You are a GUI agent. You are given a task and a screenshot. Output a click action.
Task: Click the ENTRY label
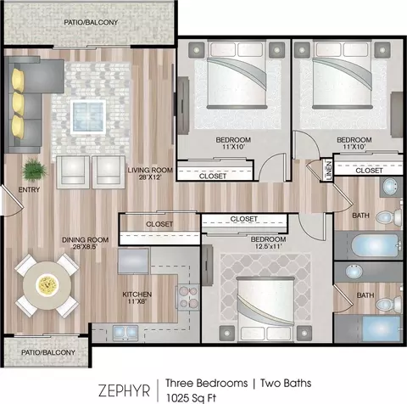click(29, 189)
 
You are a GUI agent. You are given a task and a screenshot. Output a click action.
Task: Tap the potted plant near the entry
click(35, 170)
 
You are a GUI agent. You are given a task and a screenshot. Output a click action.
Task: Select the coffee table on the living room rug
click(88, 116)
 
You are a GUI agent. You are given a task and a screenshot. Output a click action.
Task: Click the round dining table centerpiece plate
click(47, 284)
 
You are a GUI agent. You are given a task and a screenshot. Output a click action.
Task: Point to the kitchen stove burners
click(188, 297)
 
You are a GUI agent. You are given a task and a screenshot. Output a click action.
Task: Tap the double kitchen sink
click(125, 332)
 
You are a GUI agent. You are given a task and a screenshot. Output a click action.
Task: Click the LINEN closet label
click(329, 170)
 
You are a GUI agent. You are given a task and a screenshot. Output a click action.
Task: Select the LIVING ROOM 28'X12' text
click(150, 174)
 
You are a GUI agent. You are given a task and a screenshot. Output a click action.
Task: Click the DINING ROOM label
click(85, 243)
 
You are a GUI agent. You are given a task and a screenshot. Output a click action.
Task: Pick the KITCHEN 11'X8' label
click(137, 298)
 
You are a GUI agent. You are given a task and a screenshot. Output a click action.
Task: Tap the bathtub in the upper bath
click(376, 245)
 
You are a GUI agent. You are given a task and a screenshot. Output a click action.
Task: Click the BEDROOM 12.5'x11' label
click(268, 243)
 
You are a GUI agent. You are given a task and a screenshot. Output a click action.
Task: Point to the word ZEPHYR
click(124, 390)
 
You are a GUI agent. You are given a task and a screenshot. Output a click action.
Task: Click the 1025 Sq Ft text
click(191, 397)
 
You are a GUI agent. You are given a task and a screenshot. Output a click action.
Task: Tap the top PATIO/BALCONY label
click(91, 22)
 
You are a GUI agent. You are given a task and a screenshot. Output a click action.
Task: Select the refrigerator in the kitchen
click(133, 261)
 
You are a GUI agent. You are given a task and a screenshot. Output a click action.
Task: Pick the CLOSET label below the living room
click(159, 224)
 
